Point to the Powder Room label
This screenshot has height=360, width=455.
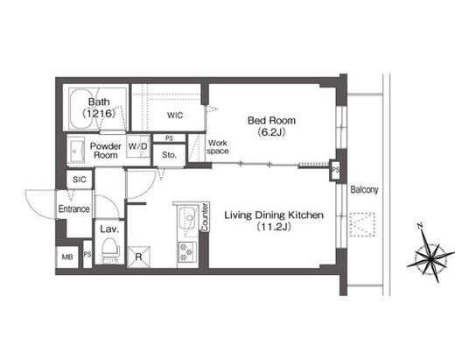pyautogui.click(x=106, y=150)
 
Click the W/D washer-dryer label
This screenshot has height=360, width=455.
pyautogui.click(x=137, y=145)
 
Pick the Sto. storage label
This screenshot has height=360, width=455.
pyautogui.click(x=170, y=155)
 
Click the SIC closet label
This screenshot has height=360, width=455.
pyautogui.click(x=78, y=180)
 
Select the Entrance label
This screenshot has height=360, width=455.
pyautogui.click(x=74, y=208)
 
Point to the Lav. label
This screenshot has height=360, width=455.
pyautogui.click(x=108, y=228)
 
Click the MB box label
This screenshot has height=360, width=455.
pyautogui.click(x=67, y=256)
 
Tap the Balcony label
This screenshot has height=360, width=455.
pyautogui.click(x=364, y=189)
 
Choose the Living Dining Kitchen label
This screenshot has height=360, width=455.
pyautogui.click(x=273, y=220)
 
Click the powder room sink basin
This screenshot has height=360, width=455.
pyautogui.click(x=76, y=151)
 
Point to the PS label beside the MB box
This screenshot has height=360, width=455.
pyautogui.click(x=87, y=256)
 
